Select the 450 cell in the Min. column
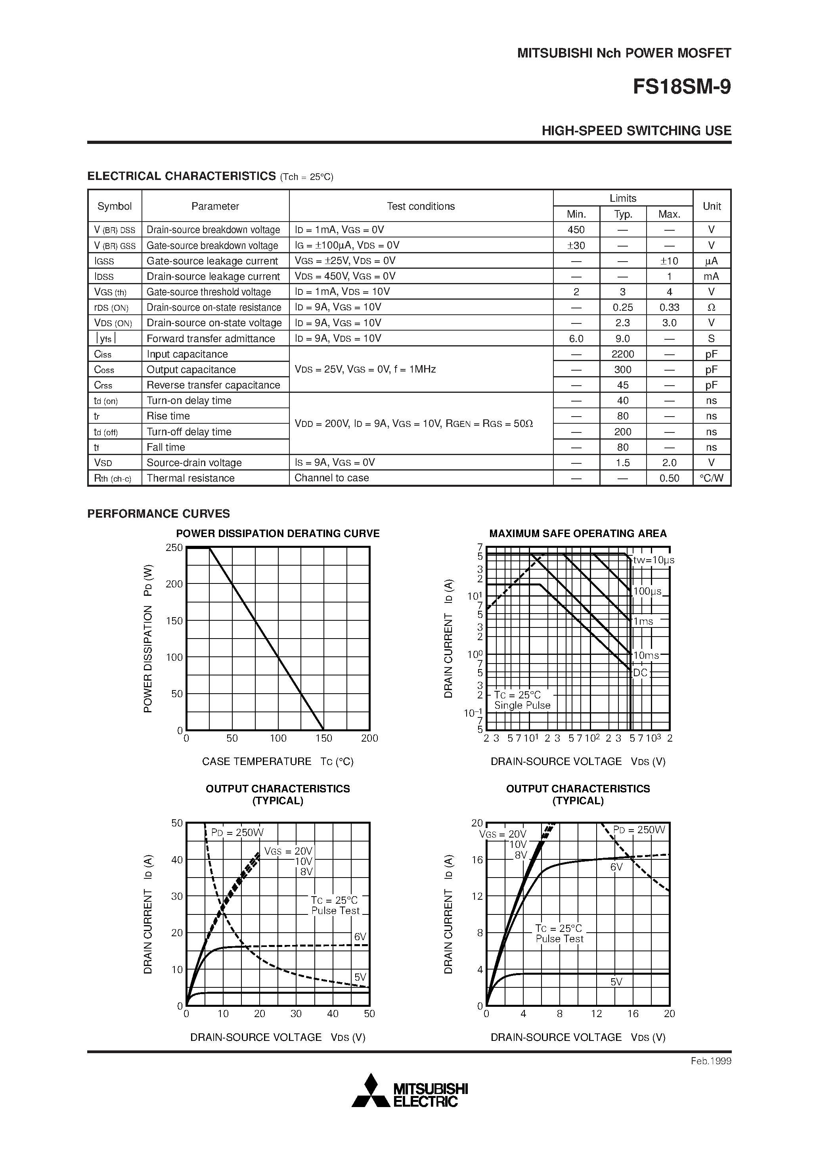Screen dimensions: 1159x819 point(576,230)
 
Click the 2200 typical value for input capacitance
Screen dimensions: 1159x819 point(623,354)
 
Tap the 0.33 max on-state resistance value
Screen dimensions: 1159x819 point(669,308)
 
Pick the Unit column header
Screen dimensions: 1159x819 point(712,206)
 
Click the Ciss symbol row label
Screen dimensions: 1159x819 point(103,354)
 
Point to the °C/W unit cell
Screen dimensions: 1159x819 point(712,478)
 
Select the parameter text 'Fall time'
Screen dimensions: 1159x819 point(166,447)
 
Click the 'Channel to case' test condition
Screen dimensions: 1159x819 point(331,478)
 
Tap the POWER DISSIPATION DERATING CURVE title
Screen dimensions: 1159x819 point(278,534)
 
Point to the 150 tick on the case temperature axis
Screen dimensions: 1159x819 point(323,738)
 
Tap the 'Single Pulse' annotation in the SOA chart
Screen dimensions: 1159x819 point(522,706)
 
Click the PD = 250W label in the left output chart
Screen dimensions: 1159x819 point(237,832)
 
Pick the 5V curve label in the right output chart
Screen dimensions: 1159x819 point(616,982)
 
